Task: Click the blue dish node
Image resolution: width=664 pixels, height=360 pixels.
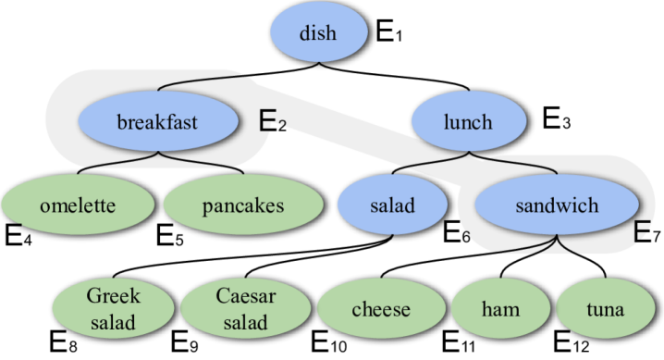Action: coord(317,35)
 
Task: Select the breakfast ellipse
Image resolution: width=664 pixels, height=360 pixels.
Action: coord(157,121)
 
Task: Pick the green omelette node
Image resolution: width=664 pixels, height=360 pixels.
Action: coord(78,205)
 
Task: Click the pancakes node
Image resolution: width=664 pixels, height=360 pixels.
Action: coord(242,205)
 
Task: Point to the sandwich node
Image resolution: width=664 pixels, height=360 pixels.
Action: coord(557,205)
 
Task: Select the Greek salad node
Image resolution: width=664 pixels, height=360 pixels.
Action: coord(112,309)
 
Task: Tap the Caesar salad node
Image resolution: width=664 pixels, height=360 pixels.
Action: coord(241,309)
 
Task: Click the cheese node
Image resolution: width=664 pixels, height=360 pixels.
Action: coord(380,309)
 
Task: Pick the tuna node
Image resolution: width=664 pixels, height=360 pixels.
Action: coord(605,309)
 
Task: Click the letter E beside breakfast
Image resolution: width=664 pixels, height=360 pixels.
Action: coord(265,120)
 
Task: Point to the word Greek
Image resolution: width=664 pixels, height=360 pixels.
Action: coord(112,297)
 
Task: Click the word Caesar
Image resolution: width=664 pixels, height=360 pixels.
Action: coord(241,297)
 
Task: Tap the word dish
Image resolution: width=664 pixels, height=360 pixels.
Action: coord(317,35)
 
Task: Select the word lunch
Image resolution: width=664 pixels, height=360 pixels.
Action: coord(467,122)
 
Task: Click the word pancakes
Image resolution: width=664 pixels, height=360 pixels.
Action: coord(242,205)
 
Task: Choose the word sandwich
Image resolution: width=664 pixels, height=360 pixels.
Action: coord(557,205)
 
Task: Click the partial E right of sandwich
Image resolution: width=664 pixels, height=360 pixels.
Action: coord(640,232)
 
